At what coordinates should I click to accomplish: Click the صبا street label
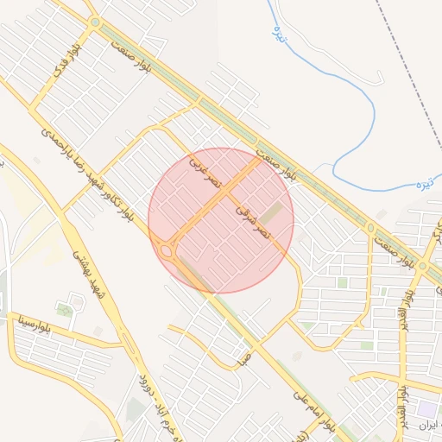pyautogui.click(x=245, y=355)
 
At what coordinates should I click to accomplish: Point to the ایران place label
pyautogui.click(x=428, y=425)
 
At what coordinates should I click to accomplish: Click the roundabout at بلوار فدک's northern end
pyautogui.click(x=94, y=22)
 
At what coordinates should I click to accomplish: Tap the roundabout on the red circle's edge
pyautogui.click(x=165, y=251)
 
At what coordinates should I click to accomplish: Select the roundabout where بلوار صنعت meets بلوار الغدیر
pyautogui.click(x=423, y=266)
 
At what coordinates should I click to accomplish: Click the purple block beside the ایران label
pyautogui.click(x=426, y=408)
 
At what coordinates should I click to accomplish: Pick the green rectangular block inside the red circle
pyautogui.click(x=272, y=212)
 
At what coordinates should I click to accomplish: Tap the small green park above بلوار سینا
pyautogui.click(x=65, y=309)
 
